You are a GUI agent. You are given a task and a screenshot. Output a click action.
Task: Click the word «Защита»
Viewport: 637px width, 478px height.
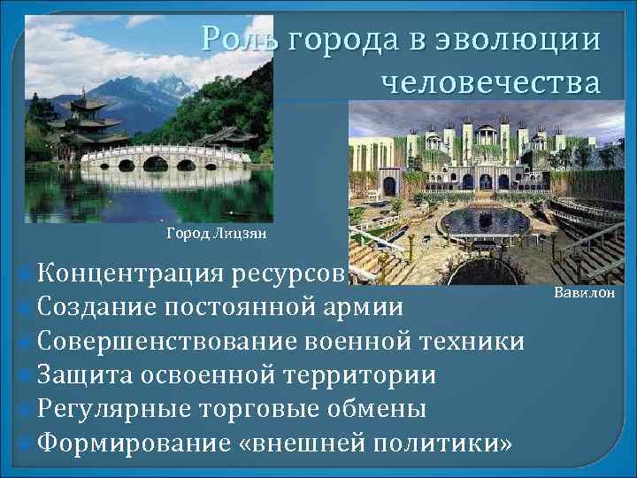pos(87,374)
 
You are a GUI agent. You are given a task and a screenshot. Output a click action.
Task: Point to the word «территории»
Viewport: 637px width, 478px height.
pos(360,374)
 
